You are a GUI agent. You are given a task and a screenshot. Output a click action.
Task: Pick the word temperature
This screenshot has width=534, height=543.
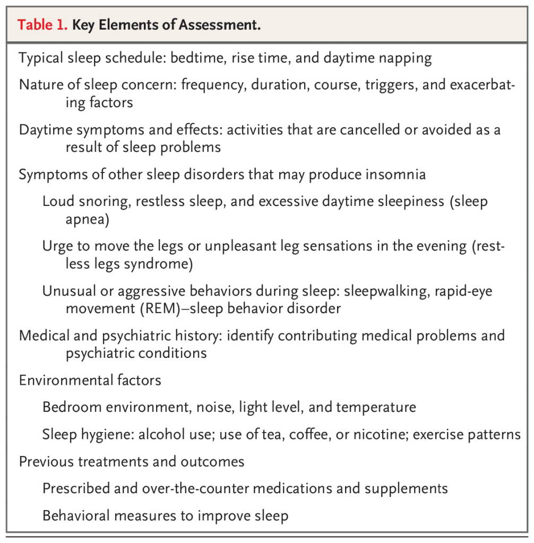point(376,407)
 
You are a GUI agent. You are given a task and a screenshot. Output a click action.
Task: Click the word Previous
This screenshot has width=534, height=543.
point(46,461)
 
